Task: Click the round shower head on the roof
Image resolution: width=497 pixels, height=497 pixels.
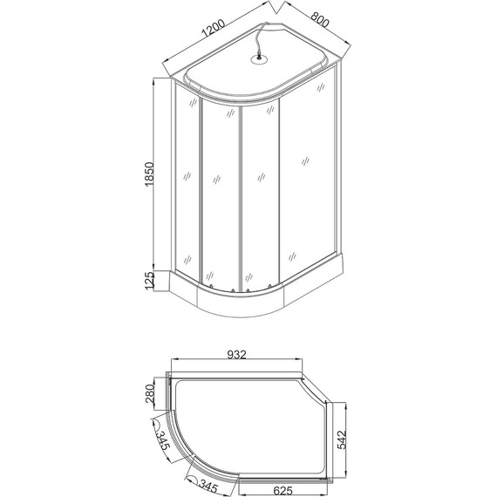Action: [x=259, y=60]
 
